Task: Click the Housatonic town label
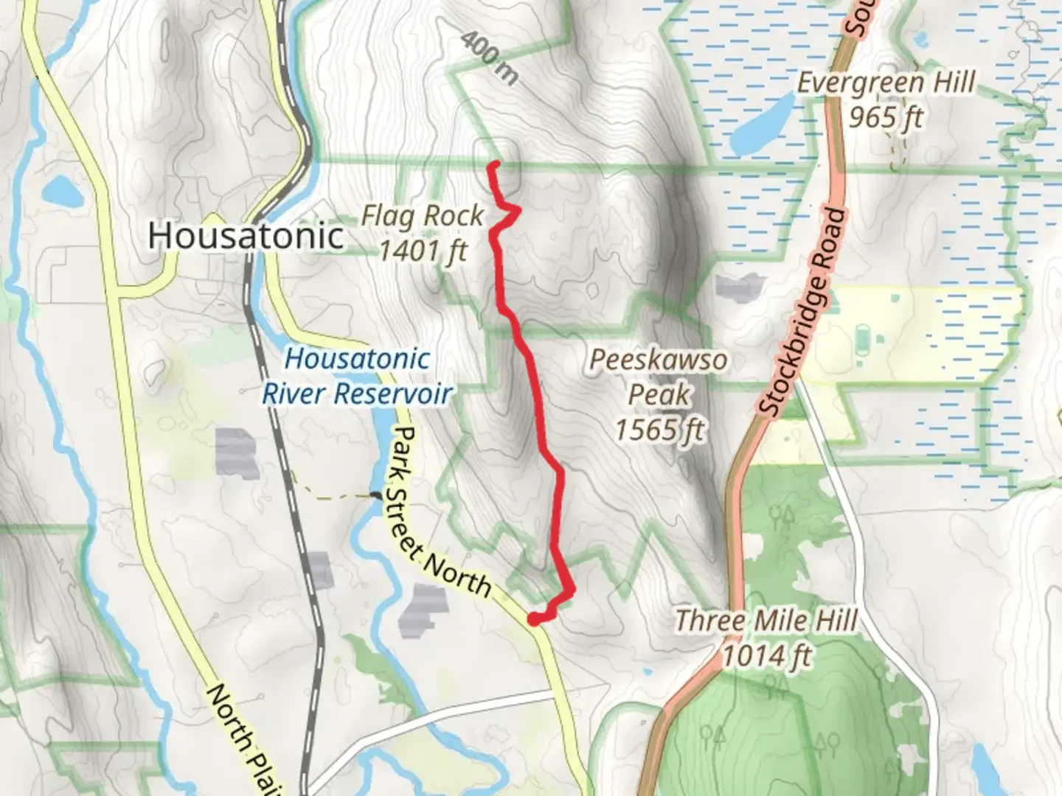coord(246,236)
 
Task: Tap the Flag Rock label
coord(423,216)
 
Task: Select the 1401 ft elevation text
coord(423,251)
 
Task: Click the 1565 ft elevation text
coord(659,429)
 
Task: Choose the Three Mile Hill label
coord(767,621)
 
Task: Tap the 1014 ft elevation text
coord(767,655)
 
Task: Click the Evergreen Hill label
coord(886,83)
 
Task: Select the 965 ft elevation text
coord(886,116)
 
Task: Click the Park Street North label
coord(440,512)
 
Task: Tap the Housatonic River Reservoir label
coord(358,376)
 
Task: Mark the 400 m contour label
coord(489,57)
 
